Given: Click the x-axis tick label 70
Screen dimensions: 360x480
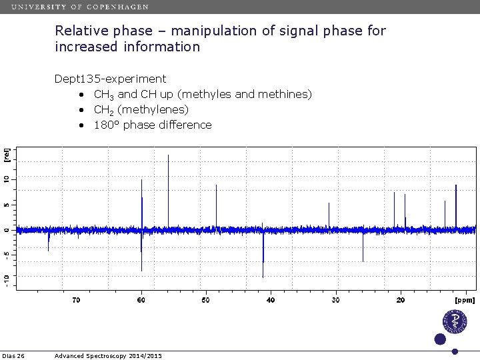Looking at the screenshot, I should (76, 301).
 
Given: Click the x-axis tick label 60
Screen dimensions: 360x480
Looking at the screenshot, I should (141, 301).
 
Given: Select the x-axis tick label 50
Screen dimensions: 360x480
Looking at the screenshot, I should (205, 301).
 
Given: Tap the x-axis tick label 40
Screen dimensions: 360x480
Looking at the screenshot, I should (270, 301).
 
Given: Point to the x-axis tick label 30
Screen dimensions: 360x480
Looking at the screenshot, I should (335, 301).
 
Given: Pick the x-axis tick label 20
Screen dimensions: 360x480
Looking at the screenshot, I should (400, 301).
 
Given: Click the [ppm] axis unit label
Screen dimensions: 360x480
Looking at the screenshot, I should (465, 301).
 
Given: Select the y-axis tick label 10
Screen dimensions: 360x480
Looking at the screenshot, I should (6, 180).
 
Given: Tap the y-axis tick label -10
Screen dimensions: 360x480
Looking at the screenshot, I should (6, 280).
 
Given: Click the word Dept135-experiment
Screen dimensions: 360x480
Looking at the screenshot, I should (110, 79).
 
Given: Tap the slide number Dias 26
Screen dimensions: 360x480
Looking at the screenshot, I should (13, 356).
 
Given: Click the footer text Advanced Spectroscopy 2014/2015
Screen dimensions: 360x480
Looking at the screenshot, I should (108, 356).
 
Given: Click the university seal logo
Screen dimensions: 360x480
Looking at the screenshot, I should (455, 321).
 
